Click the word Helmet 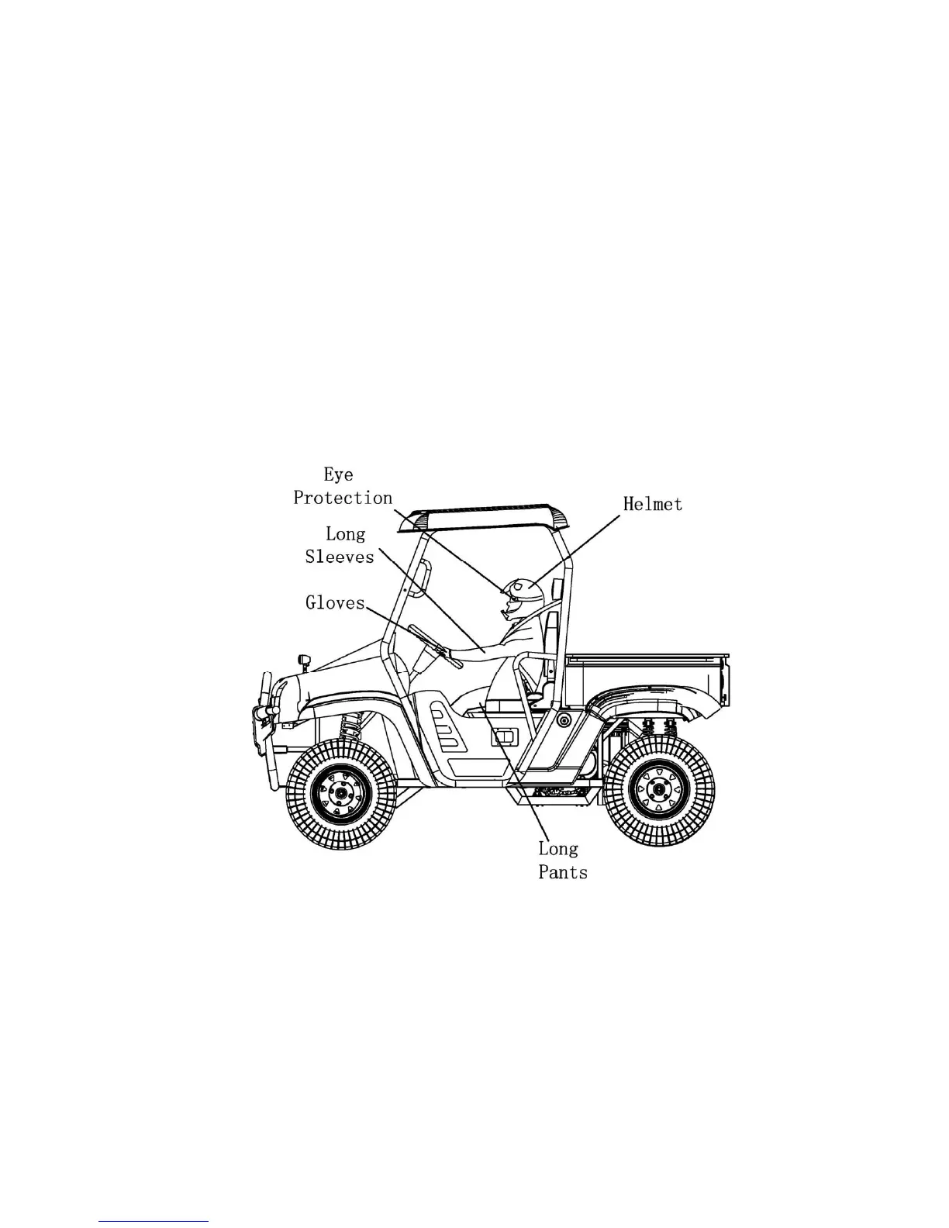[653, 504]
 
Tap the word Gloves [334, 602]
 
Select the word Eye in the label [338, 475]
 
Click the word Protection [343, 498]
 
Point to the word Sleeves [340, 556]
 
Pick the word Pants [563, 872]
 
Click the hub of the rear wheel [659, 789]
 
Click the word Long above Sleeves [345, 533]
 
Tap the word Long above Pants [558, 849]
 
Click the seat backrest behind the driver [550, 636]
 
